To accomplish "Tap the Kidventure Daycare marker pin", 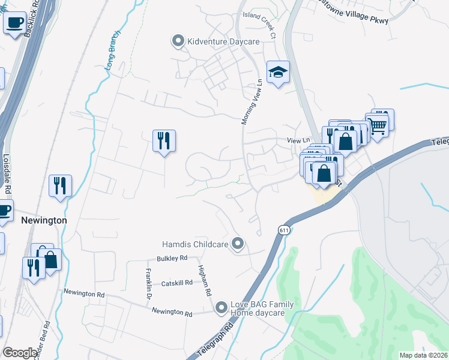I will (x=178, y=41).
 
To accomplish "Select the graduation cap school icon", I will (x=278, y=73).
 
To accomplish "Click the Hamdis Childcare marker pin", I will (x=238, y=244).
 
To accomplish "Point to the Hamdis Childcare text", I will (x=196, y=244).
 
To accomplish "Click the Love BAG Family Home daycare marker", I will (x=221, y=308).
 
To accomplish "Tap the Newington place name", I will (x=44, y=220).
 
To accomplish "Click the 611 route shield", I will (x=284, y=230).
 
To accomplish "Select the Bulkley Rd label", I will (x=172, y=258).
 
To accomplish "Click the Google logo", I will (x=20, y=353).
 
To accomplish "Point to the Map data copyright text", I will (x=423, y=355).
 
